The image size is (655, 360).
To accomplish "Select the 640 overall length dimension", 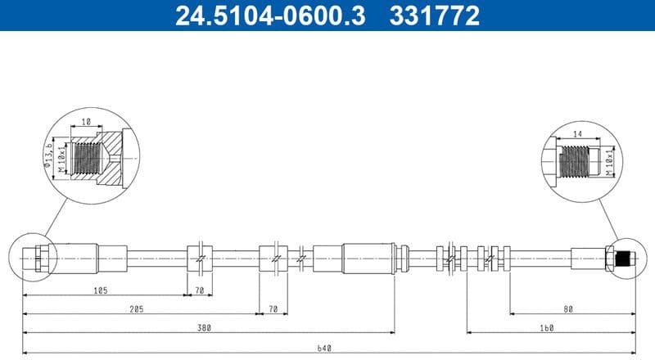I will click(325, 349).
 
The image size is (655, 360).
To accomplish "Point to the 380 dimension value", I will click(204, 328).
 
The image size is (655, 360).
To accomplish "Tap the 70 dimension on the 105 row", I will click(199, 290).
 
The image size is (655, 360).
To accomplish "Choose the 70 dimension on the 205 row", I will click(273, 308).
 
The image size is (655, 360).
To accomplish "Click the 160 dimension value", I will click(547, 328).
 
